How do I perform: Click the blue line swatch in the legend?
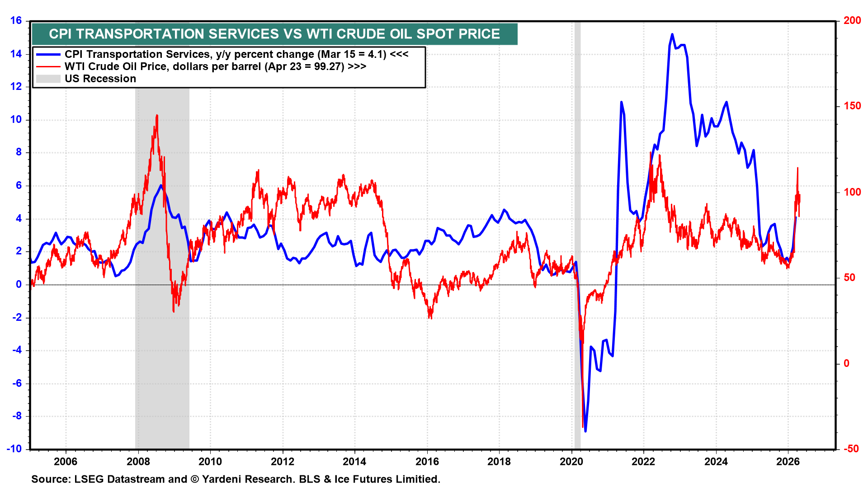tap(48, 54)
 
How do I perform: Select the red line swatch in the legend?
tap(48, 66)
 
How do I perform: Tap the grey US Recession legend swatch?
tap(48, 79)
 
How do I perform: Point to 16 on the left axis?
tap(16, 20)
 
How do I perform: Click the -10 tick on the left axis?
tap(14, 449)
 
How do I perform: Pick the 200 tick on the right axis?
tap(852, 20)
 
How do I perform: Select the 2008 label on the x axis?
tap(138, 461)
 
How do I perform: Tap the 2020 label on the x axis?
tap(571, 461)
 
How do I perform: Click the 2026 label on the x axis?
tap(788, 461)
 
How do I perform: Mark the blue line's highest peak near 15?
tap(672, 34)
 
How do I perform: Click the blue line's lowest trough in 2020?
tap(585, 431)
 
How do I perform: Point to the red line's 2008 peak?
tap(157, 116)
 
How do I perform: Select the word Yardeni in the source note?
tap(225, 479)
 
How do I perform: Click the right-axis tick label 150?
tap(852, 106)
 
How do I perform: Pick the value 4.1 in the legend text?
tap(377, 54)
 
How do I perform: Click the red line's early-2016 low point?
tap(430, 317)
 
